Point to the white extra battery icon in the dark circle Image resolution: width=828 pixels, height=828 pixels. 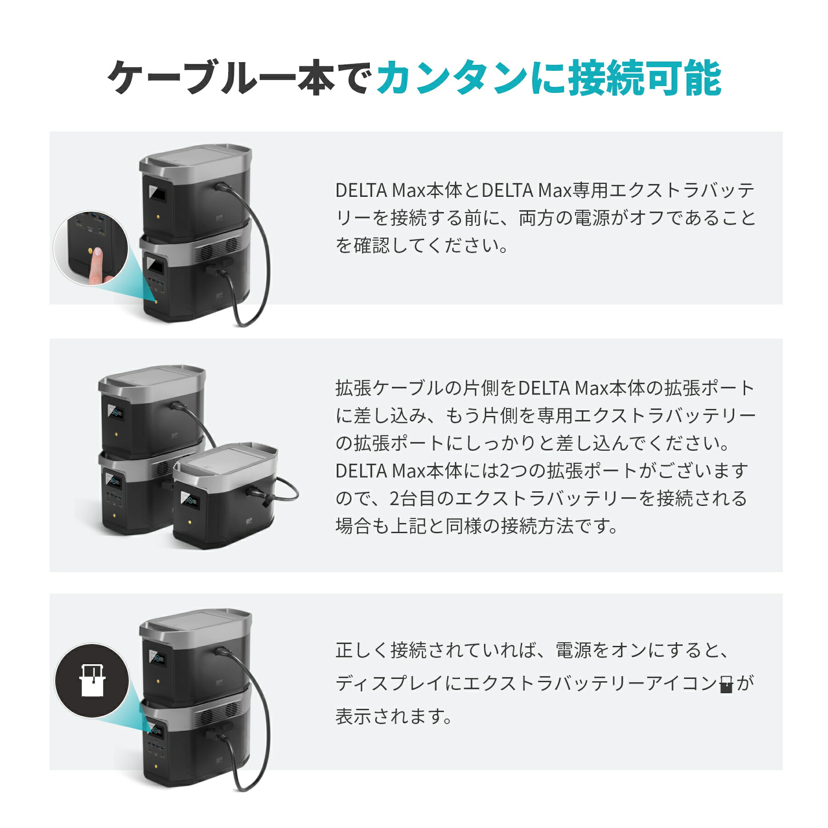click(x=92, y=680)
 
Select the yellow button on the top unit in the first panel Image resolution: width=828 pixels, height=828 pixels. click(x=158, y=216)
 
